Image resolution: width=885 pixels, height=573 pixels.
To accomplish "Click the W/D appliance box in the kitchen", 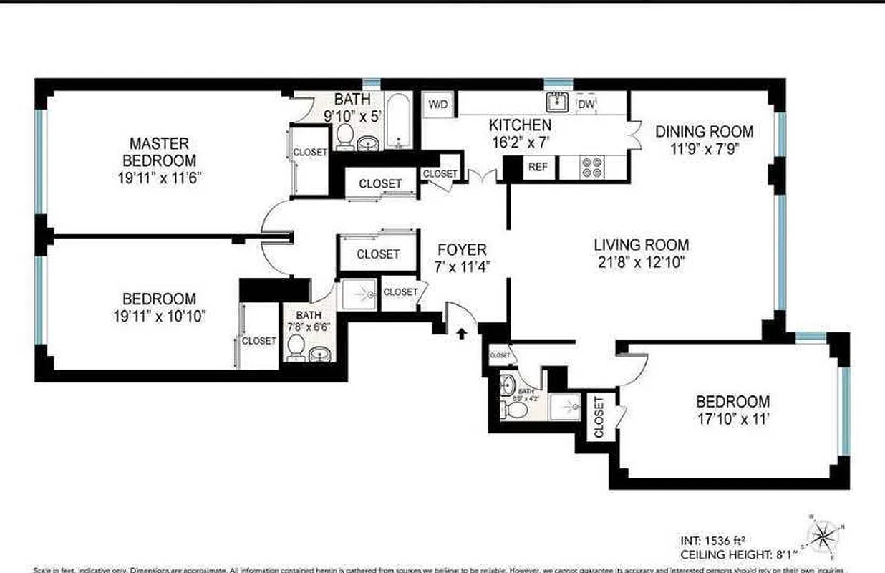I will click(437, 105).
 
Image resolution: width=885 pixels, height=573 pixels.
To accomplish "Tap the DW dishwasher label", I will click(585, 104).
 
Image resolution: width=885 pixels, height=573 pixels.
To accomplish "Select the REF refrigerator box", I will click(538, 167).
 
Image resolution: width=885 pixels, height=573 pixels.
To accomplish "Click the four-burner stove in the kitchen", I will click(591, 168).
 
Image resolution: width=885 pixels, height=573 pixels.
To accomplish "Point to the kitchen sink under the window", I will click(558, 102).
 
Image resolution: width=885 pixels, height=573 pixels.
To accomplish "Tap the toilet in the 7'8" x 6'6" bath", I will click(295, 347).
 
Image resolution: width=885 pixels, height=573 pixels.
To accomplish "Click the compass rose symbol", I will click(826, 536).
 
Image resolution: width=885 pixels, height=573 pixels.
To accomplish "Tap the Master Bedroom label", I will click(159, 152).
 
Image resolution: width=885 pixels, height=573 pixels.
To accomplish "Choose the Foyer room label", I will click(462, 250).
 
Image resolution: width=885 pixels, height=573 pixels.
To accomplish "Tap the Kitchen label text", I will click(520, 125).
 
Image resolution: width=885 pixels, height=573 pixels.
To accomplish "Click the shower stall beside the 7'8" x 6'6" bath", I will click(358, 294).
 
